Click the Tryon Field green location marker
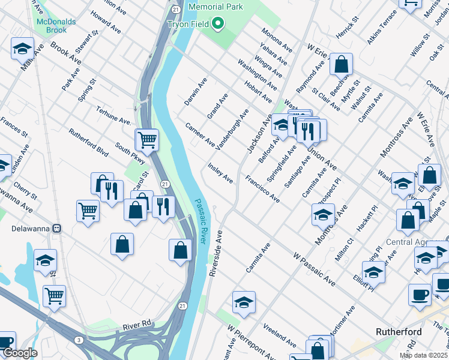coord(217,24)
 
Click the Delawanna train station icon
coord(58,228)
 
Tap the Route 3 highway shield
coord(79,341)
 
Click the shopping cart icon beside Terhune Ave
coord(146,140)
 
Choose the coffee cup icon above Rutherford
coord(420,295)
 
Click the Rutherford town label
coord(398,331)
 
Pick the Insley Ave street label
coord(220,172)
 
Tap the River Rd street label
coord(136,325)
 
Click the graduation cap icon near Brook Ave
coord(22,49)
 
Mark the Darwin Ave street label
coord(195,91)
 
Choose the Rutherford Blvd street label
coord(88,143)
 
